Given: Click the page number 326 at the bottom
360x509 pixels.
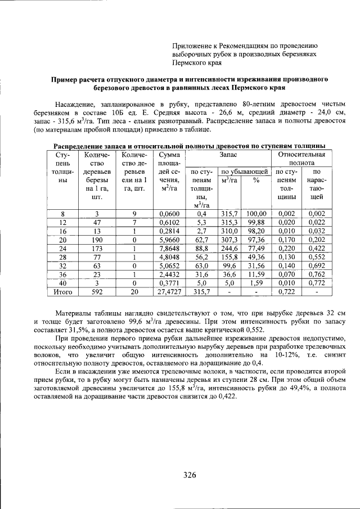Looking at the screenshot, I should click(x=189, y=475).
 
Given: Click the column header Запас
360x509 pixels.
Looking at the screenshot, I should click(x=227, y=154).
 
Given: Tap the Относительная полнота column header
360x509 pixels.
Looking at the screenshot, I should click(x=302, y=159).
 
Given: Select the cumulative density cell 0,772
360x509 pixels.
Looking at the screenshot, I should click(x=317, y=283).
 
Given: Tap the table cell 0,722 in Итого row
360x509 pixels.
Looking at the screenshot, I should click(x=287, y=291).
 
